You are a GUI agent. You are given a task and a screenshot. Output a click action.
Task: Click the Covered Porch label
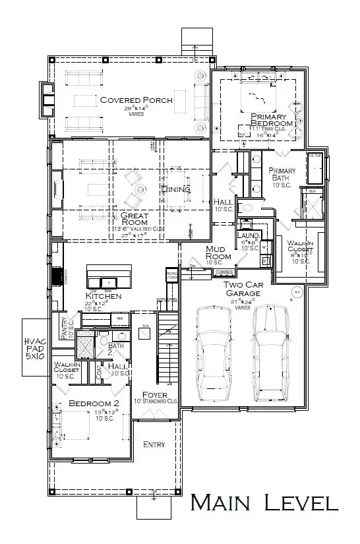(136, 100)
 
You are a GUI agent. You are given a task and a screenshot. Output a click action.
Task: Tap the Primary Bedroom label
(272, 120)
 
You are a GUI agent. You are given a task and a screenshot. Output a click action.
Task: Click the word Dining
(175, 189)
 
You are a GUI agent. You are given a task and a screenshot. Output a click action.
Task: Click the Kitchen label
(104, 297)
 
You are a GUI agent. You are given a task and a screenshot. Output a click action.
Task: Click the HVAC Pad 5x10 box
(33, 347)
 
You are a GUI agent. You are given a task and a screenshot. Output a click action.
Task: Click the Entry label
(154, 444)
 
